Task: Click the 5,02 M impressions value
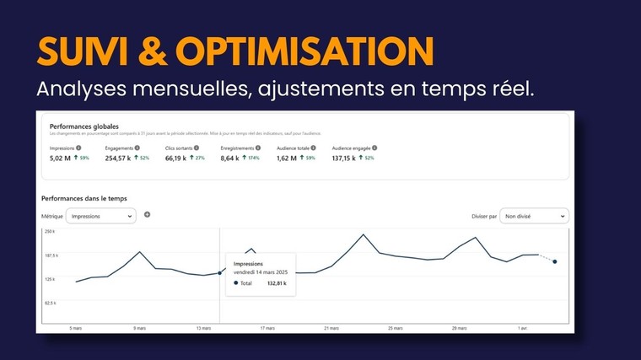tap(62, 158)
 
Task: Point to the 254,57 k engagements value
tap(118, 158)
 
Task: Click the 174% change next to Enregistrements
tap(250, 158)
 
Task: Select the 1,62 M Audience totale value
tap(288, 158)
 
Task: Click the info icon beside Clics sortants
tap(196, 148)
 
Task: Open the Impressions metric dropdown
tap(100, 216)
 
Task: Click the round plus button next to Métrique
tap(147, 215)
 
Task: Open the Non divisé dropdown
tap(534, 216)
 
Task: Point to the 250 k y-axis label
tap(49, 231)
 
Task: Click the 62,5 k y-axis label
tap(49, 303)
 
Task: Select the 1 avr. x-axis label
tap(522, 328)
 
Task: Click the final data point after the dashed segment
tap(554, 261)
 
